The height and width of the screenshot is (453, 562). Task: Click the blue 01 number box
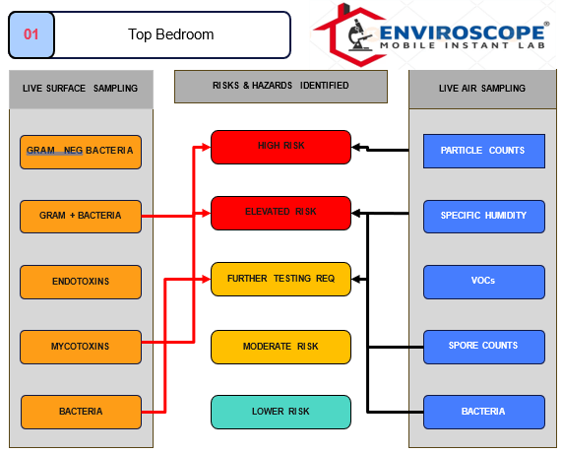(31, 34)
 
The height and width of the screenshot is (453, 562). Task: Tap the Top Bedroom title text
(171, 34)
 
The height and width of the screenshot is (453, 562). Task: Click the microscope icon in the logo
(359, 34)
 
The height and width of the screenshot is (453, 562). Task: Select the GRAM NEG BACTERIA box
(81, 152)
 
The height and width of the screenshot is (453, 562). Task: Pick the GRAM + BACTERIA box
(81, 217)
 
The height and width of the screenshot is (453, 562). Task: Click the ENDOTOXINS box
(81, 282)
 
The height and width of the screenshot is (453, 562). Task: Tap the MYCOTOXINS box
(81, 347)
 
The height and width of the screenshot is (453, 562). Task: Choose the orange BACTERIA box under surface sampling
(81, 412)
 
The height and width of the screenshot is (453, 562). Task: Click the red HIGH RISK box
(281, 147)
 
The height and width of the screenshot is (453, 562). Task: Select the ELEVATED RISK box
(281, 213)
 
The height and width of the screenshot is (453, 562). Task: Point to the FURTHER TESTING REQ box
(281, 279)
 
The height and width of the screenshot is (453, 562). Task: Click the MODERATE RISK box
(281, 347)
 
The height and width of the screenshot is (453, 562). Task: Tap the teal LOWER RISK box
(281, 412)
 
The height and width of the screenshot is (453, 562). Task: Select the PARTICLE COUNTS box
(484, 151)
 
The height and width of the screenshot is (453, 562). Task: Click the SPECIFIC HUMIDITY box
(484, 217)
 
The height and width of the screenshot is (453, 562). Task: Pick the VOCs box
(484, 282)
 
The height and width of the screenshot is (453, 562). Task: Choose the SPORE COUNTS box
(484, 347)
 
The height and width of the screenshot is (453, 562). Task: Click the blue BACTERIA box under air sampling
(484, 412)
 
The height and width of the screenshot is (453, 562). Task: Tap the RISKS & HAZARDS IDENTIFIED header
(281, 87)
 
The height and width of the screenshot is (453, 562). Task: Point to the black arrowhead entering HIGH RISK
(355, 147)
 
